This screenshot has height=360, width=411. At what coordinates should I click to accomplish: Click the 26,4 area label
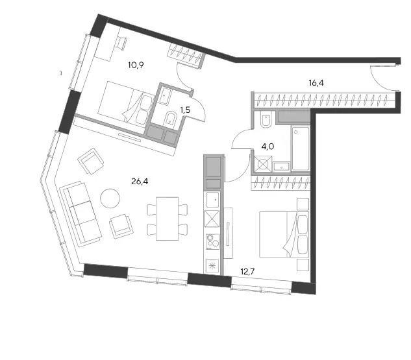[140, 181]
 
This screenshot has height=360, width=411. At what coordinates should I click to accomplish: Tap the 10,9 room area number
[136, 65]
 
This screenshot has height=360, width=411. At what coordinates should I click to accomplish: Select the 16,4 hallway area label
[316, 83]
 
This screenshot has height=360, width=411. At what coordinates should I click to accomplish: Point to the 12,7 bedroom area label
[247, 272]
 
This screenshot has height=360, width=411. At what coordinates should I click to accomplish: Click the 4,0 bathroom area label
[268, 147]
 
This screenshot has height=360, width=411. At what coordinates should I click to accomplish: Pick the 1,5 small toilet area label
[185, 110]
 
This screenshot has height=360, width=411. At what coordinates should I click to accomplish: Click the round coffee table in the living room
[110, 198]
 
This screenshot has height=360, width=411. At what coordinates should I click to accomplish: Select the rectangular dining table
[168, 219]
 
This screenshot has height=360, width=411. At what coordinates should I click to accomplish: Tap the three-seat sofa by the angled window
[81, 214]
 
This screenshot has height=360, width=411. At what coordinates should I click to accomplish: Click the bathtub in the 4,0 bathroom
[301, 149]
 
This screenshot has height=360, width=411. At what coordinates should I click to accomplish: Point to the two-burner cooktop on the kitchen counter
[212, 242]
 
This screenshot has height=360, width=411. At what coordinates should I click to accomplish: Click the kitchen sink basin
[212, 200]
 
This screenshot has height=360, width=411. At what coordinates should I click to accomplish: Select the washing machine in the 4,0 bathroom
[263, 164]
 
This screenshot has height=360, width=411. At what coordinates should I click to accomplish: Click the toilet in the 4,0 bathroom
[267, 120]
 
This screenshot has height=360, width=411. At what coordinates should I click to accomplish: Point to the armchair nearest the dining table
[121, 226]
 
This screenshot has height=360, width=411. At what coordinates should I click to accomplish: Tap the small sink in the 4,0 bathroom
[282, 166]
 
